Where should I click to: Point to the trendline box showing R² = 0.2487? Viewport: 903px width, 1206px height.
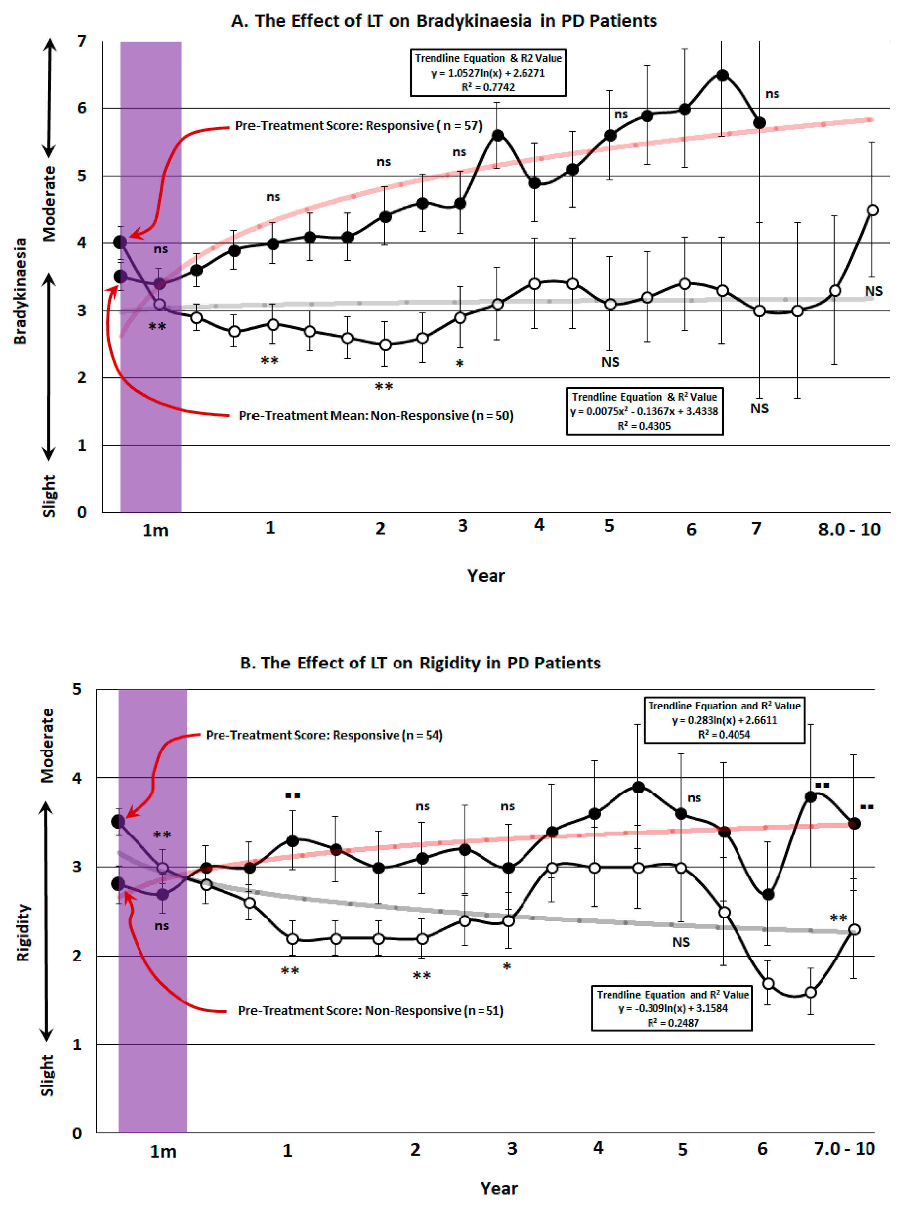click(x=672, y=1008)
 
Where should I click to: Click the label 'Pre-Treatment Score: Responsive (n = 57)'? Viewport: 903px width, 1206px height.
click(x=358, y=126)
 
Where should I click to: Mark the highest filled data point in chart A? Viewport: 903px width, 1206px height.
click(x=722, y=75)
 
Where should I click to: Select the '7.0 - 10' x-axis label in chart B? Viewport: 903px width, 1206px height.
click(x=844, y=1149)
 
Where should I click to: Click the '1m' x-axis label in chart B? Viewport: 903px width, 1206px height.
click(x=163, y=1152)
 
